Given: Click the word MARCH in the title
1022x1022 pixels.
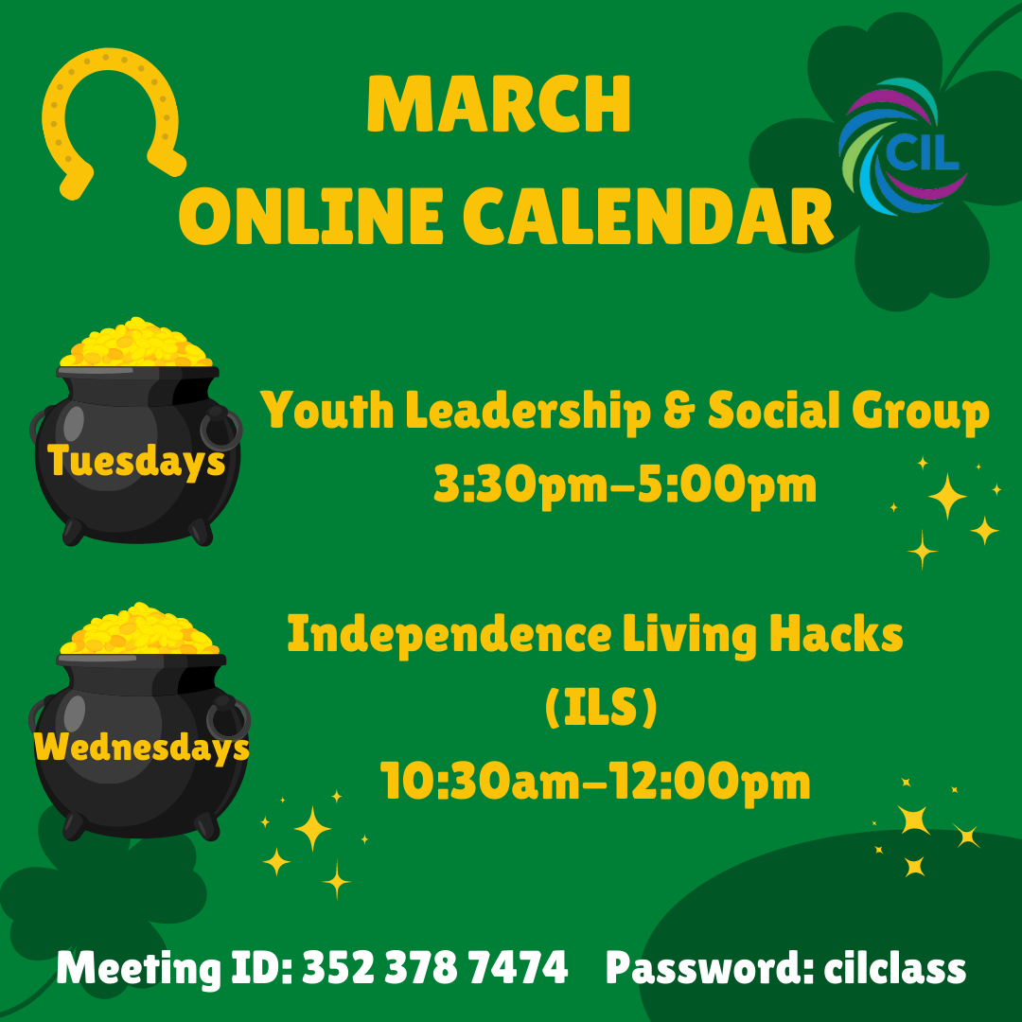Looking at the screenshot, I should pyautogui.click(x=499, y=105).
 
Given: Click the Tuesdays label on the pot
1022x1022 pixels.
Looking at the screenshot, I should pyautogui.click(x=136, y=461).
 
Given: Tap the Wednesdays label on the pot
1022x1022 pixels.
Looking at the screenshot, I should pyautogui.click(x=141, y=747).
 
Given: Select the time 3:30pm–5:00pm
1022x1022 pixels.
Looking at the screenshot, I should pyautogui.click(x=625, y=485).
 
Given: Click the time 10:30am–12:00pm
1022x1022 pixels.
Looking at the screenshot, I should pyautogui.click(x=595, y=782).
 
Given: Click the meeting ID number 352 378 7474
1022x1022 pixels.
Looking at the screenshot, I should pyautogui.click(x=434, y=969).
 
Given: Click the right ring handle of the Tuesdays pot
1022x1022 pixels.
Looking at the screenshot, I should pyautogui.click(x=221, y=429).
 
